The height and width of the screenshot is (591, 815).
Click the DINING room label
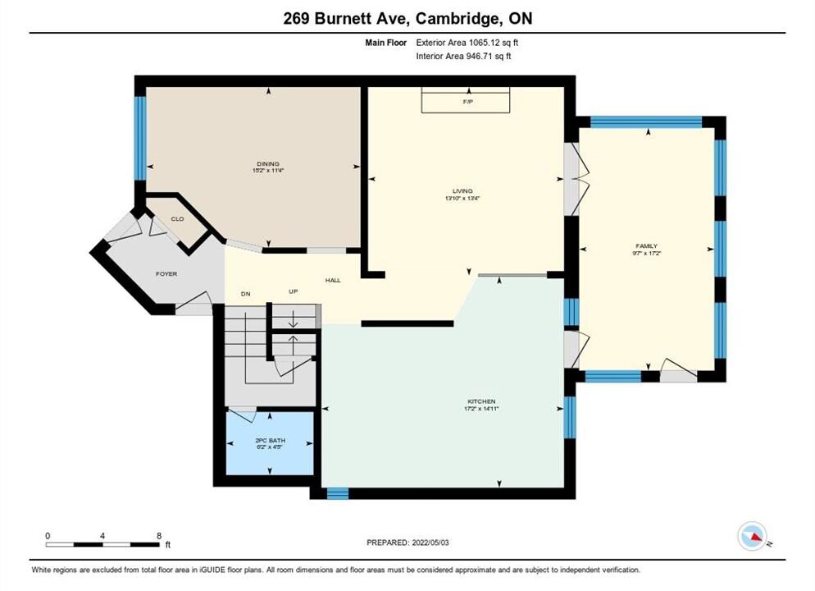click(x=268, y=164)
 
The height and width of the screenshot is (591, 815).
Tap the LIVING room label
click(x=462, y=191)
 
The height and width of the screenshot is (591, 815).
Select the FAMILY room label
click(x=647, y=246)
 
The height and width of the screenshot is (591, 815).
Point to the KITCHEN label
click(x=481, y=401)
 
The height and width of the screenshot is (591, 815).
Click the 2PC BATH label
click(x=271, y=441)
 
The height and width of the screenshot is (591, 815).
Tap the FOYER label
click(x=166, y=273)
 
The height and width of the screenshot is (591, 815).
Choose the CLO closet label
click(x=177, y=219)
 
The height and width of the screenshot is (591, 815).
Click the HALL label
click(x=333, y=281)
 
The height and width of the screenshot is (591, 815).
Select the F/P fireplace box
click(x=466, y=100)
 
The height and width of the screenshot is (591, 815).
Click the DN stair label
click(x=246, y=294)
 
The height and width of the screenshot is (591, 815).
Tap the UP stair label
click(x=294, y=292)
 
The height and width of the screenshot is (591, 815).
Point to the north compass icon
click(x=752, y=536)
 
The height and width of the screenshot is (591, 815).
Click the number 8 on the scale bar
click(x=159, y=536)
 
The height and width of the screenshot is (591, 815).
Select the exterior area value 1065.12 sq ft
click(x=494, y=43)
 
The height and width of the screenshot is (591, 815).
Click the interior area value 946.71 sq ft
click(x=489, y=56)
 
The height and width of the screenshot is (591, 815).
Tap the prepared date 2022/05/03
click(x=430, y=543)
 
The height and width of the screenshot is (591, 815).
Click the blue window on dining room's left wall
click(x=140, y=139)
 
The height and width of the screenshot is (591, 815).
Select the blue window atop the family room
click(x=647, y=122)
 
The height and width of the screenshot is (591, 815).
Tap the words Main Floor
click(x=385, y=43)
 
